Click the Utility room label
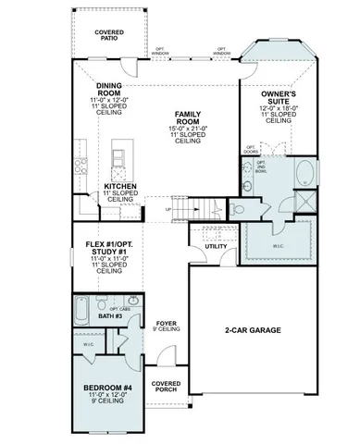click(x=216, y=247)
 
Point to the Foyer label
click(x=167, y=323)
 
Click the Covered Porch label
click(x=167, y=386)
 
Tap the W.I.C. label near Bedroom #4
click(x=88, y=345)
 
